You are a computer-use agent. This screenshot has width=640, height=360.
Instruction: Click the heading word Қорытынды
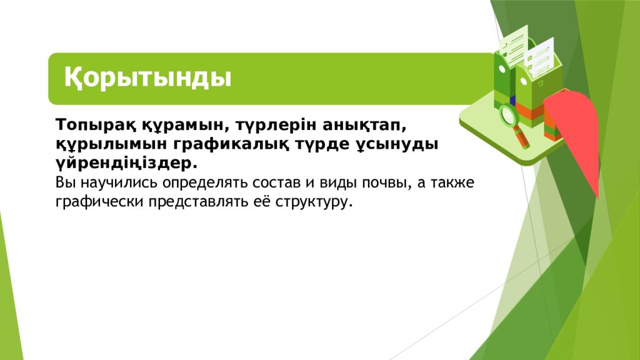(148, 79)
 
